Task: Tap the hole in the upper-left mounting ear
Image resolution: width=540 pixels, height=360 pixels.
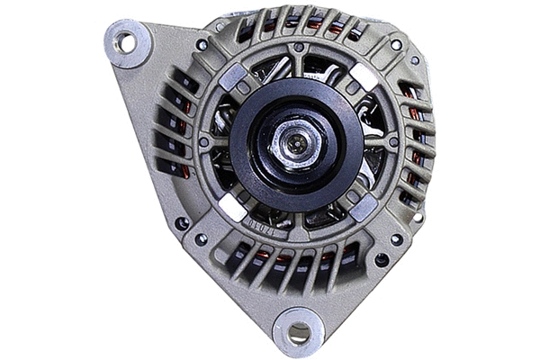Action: tap(125, 41)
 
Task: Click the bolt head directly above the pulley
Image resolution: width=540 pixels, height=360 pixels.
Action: tap(298, 47)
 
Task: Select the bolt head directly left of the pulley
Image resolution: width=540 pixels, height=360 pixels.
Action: tap(204, 141)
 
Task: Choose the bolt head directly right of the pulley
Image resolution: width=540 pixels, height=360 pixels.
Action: tap(392, 142)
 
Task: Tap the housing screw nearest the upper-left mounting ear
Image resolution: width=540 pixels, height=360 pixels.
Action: tap(202, 44)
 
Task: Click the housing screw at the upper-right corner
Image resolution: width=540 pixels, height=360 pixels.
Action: tap(396, 44)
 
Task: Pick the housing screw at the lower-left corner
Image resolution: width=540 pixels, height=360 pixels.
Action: tap(201, 238)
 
